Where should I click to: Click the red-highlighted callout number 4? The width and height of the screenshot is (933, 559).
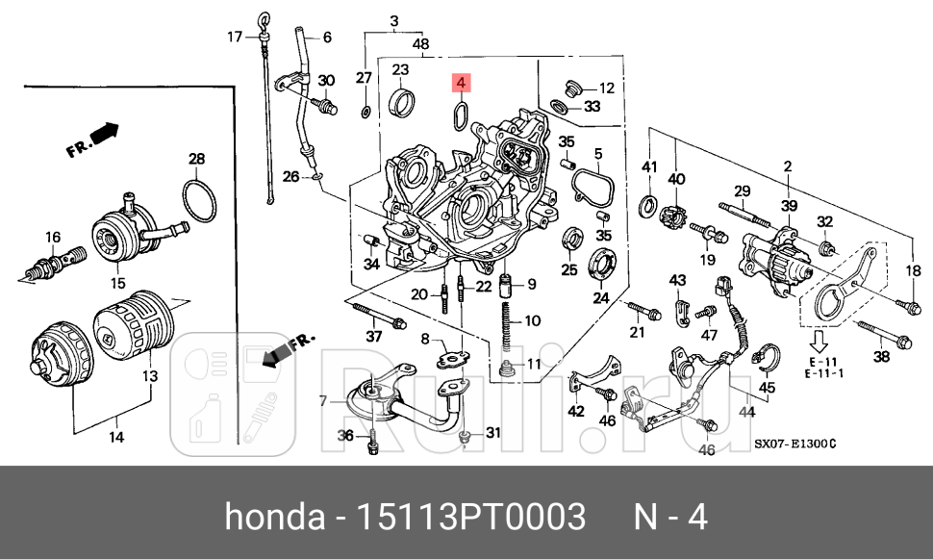461,84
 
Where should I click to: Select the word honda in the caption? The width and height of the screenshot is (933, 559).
273,518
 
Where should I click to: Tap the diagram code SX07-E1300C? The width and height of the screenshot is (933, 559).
794,445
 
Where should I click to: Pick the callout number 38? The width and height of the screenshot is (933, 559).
881,357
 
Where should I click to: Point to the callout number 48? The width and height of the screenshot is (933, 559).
420,43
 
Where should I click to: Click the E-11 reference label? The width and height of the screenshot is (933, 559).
823,362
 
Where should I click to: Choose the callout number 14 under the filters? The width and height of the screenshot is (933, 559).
115,438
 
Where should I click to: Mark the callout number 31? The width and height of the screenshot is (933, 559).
492,433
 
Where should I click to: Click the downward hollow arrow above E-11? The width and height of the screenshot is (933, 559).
820,341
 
